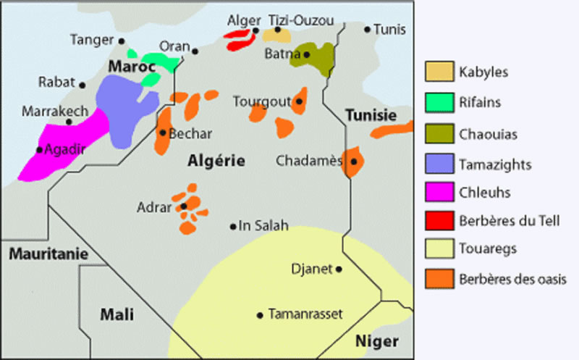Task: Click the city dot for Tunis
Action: (x=367, y=30)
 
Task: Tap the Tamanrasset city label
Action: (x=305, y=314)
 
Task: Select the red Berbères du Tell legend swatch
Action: (x=439, y=220)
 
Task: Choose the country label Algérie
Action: (x=216, y=161)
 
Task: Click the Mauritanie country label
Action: (x=48, y=254)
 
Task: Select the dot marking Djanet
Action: (x=339, y=269)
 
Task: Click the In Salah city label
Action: (x=263, y=226)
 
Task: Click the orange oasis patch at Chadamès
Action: (x=353, y=161)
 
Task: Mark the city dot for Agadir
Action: (x=38, y=150)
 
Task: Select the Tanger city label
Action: (x=91, y=40)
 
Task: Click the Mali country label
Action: (x=117, y=314)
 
